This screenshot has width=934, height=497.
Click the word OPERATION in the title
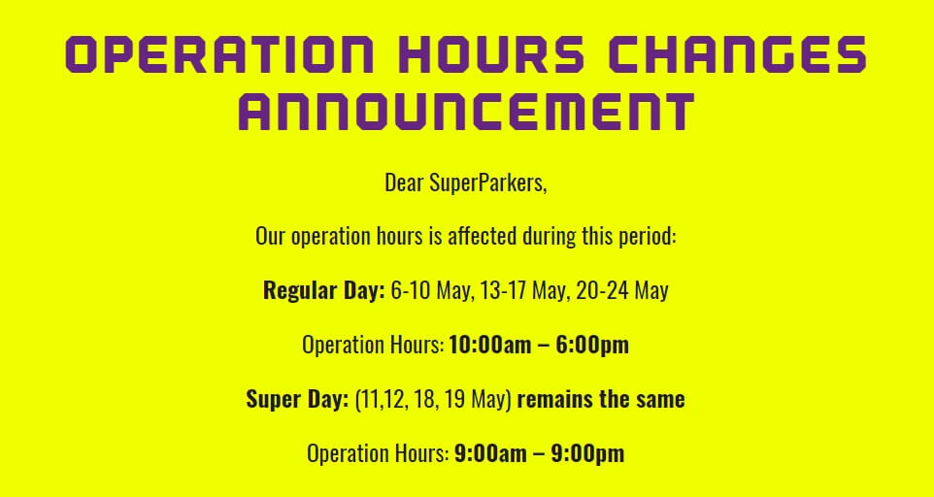pyautogui.click(x=219, y=54)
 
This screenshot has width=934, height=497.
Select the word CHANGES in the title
pyautogui.click(x=737, y=54)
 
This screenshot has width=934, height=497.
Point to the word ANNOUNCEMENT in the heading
pyautogui.click(x=466, y=112)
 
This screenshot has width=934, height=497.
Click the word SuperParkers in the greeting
pyautogui.click(x=487, y=182)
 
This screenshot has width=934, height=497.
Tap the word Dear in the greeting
pyautogui.click(x=405, y=182)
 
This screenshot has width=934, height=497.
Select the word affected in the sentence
pyautogui.click(x=482, y=236)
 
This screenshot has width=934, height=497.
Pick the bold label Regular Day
pyautogui.click(x=324, y=290)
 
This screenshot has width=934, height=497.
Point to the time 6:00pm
pyautogui.click(x=592, y=346)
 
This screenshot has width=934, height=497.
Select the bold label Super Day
pyautogui.click(x=297, y=399)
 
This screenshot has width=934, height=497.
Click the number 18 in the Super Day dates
pyautogui.click(x=424, y=399)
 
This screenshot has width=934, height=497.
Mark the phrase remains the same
pyautogui.click(x=600, y=399)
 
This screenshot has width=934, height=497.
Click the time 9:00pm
pyautogui.click(x=587, y=454)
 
